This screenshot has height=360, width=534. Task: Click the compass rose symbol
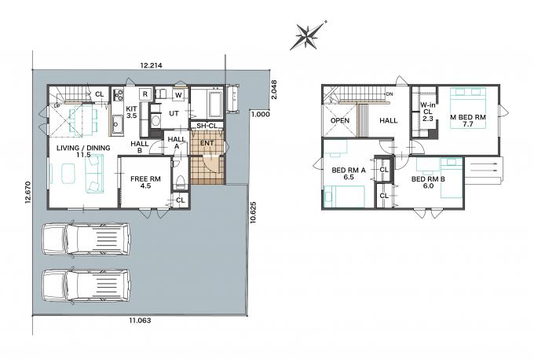[308, 35]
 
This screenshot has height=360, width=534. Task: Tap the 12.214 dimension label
[152, 65]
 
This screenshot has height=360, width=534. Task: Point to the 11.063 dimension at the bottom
[140, 321]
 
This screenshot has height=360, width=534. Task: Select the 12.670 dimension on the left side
[27, 193]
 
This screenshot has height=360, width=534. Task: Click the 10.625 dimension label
[253, 213]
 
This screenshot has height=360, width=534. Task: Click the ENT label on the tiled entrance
[207, 143]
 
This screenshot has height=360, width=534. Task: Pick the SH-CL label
[207, 126]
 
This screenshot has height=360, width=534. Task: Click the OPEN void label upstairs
[340, 121]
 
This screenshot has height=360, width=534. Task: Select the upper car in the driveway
[86, 239]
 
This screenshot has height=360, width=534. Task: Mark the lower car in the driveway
[86, 285]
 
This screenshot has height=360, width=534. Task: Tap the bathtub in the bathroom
[215, 104]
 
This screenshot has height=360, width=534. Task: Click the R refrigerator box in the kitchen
[145, 94]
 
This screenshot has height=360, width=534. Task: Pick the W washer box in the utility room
[178, 95]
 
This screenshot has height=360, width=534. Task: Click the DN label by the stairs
[390, 94]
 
